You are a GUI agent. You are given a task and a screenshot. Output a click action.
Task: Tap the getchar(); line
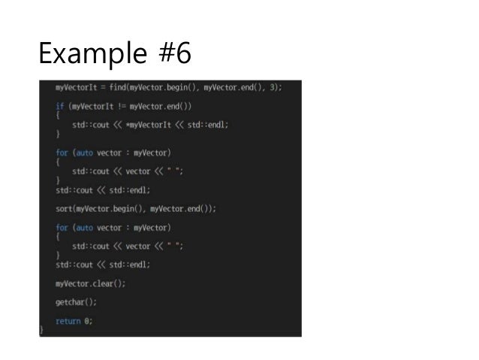(x=76, y=302)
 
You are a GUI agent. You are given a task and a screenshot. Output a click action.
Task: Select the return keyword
(x=68, y=321)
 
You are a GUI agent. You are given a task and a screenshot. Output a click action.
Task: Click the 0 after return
(x=89, y=321)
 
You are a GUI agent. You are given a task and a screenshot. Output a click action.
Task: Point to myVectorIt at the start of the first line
(x=75, y=87)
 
